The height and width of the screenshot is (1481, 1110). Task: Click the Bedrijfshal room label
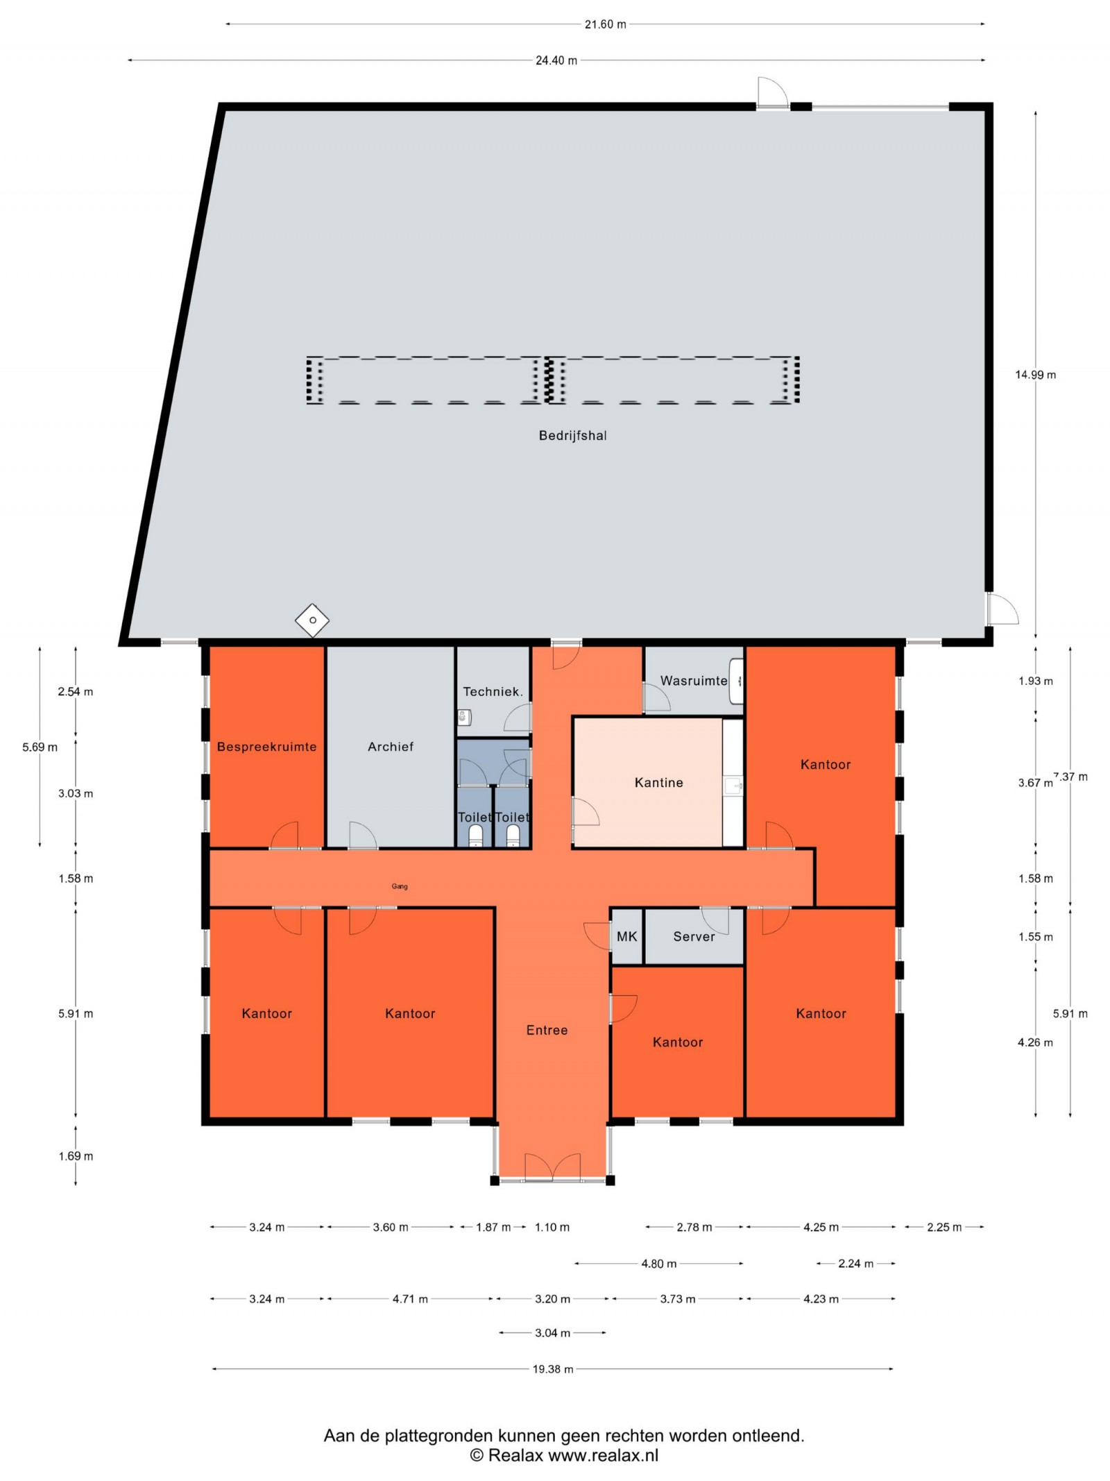(572, 436)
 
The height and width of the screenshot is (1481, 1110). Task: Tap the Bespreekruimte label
(266, 747)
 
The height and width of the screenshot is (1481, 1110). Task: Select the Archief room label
(391, 747)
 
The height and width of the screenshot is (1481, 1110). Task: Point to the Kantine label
(658, 783)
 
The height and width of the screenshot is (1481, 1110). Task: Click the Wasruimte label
(694, 681)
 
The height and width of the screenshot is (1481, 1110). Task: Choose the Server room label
(694, 937)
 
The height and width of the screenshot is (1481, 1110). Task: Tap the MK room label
(626, 937)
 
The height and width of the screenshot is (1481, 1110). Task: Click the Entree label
(547, 1031)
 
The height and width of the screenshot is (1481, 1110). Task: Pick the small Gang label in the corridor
(400, 886)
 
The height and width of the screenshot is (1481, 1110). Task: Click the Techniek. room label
(493, 692)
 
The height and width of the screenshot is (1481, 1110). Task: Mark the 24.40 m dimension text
(556, 60)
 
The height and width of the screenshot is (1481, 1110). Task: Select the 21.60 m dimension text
(605, 24)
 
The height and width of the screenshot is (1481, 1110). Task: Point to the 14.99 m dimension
(1036, 375)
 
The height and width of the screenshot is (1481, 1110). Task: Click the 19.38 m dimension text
(553, 1369)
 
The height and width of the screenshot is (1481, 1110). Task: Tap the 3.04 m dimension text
(552, 1333)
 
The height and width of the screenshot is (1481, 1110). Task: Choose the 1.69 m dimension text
(76, 1156)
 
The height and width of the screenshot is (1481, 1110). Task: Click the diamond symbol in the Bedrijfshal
(312, 620)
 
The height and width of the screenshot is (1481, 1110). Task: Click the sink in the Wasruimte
(737, 681)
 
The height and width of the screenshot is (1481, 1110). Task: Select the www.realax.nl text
(604, 1455)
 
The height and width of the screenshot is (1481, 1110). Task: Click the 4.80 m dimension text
(658, 1264)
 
